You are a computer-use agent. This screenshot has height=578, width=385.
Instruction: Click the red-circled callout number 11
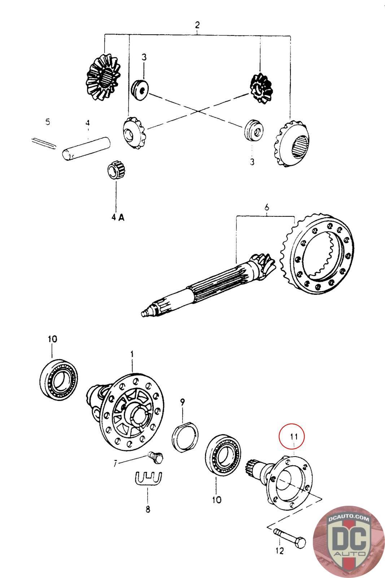click(x=293, y=437)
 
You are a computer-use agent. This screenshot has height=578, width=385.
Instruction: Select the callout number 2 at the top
click(x=197, y=25)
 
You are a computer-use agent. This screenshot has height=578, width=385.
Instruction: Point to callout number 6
click(x=267, y=207)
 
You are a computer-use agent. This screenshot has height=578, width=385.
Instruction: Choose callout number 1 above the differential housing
click(x=132, y=354)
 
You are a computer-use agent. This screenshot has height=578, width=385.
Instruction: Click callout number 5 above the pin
click(x=48, y=122)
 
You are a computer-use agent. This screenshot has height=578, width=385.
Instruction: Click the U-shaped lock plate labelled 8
click(x=148, y=479)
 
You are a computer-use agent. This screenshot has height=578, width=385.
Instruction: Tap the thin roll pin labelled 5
click(x=43, y=143)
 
